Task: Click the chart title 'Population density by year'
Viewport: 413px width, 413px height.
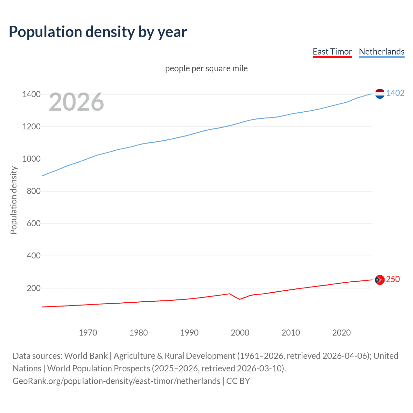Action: click(98, 32)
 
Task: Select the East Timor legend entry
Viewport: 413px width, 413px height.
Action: click(332, 52)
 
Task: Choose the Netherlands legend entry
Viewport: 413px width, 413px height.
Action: click(381, 52)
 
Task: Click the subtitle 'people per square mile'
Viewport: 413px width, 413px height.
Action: click(206, 68)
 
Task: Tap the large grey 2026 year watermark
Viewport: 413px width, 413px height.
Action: click(76, 102)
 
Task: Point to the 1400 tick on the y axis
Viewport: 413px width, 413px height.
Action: click(31, 94)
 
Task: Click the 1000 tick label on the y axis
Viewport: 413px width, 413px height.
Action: click(31, 159)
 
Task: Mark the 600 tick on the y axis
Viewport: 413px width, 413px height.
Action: click(34, 223)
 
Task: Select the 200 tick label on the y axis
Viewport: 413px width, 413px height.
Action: click(34, 288)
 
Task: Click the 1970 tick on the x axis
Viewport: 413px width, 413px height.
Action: click(88, 333)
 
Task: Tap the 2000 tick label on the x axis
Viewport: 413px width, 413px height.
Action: click(240, 333)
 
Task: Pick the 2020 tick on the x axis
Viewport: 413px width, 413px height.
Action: click(341, 333)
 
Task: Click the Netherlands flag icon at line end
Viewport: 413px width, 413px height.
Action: click(380, 94)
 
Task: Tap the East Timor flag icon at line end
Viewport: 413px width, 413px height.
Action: click(380, 280)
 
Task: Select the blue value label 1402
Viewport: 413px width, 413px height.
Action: click(395, 93)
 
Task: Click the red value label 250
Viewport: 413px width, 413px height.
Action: click(393, 279)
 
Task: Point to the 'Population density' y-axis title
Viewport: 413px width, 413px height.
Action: click(14, 200)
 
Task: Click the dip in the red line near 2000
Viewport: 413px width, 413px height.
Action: click(240, 299)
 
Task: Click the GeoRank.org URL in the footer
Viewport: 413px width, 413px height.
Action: click(116, 381)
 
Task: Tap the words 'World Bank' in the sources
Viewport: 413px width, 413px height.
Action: click(86, 356)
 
